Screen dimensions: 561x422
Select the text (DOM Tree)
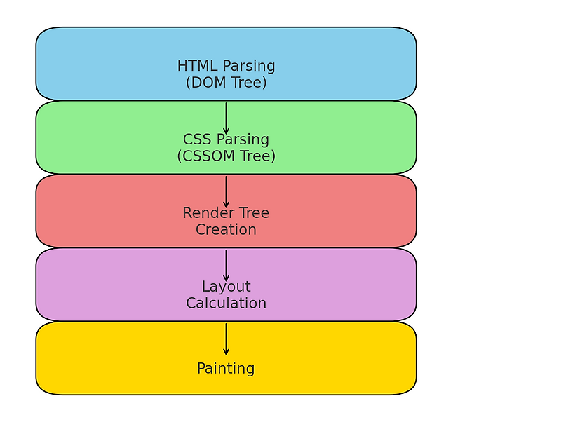click(x=226, y=83)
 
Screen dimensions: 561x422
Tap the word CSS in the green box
click(x=196, y=139)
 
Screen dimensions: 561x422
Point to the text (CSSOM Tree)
click(x=226, y=156)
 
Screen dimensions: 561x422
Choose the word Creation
click(x=226, y=230)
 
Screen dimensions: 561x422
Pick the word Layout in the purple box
click(x=226, y=287)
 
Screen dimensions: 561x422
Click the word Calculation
click(x=226, y=304)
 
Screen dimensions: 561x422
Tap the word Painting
click(x=226, y=369)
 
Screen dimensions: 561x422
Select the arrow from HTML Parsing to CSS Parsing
click(x=226, y=118)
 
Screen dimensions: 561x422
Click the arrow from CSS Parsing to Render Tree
click(x=226, y=192)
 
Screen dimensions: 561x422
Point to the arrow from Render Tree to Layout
click(x=226, y=266)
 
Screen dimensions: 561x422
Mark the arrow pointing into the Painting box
click(x=226, y=339)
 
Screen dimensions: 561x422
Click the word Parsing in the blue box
click(x=249, y=67)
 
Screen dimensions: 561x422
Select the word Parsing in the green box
click(x=243, y=140)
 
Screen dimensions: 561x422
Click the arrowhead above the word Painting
click(x=226, y=353)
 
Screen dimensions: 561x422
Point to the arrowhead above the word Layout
click(x=226, y=278)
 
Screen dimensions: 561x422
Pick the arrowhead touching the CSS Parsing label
click(x=226, y=131)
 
